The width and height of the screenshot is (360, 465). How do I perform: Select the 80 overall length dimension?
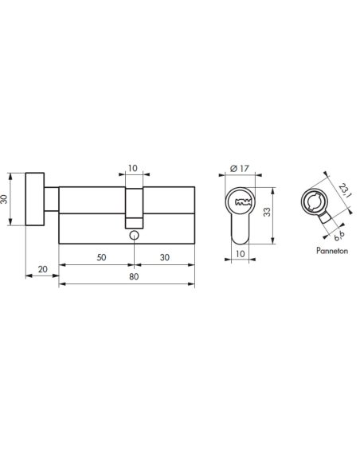[x=132, y=276]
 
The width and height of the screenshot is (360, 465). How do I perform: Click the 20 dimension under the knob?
[x=41, y=271]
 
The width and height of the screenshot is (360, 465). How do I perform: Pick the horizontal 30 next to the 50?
[x=164, y=256]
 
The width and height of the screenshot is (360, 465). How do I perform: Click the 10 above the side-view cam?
[x=133, y=169]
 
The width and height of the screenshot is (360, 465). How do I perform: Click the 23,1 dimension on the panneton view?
[x=343, y=191]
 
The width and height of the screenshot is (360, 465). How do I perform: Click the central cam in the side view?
[x=133, y=203]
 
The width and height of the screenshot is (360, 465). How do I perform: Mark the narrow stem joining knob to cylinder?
[x=52, y=199]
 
